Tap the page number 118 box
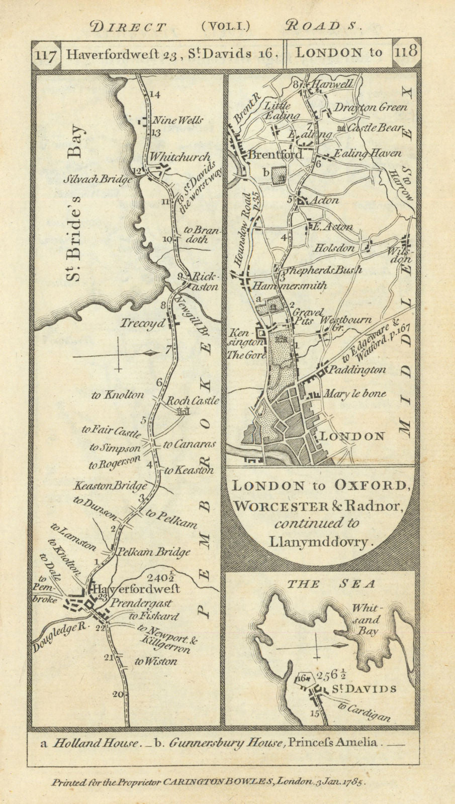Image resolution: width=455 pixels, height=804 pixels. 406,52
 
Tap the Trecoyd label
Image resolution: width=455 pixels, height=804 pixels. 142,324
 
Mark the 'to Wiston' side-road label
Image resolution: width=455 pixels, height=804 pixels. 155,661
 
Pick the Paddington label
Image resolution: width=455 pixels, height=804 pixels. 357,370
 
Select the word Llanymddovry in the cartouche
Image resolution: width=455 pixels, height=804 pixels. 322,542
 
